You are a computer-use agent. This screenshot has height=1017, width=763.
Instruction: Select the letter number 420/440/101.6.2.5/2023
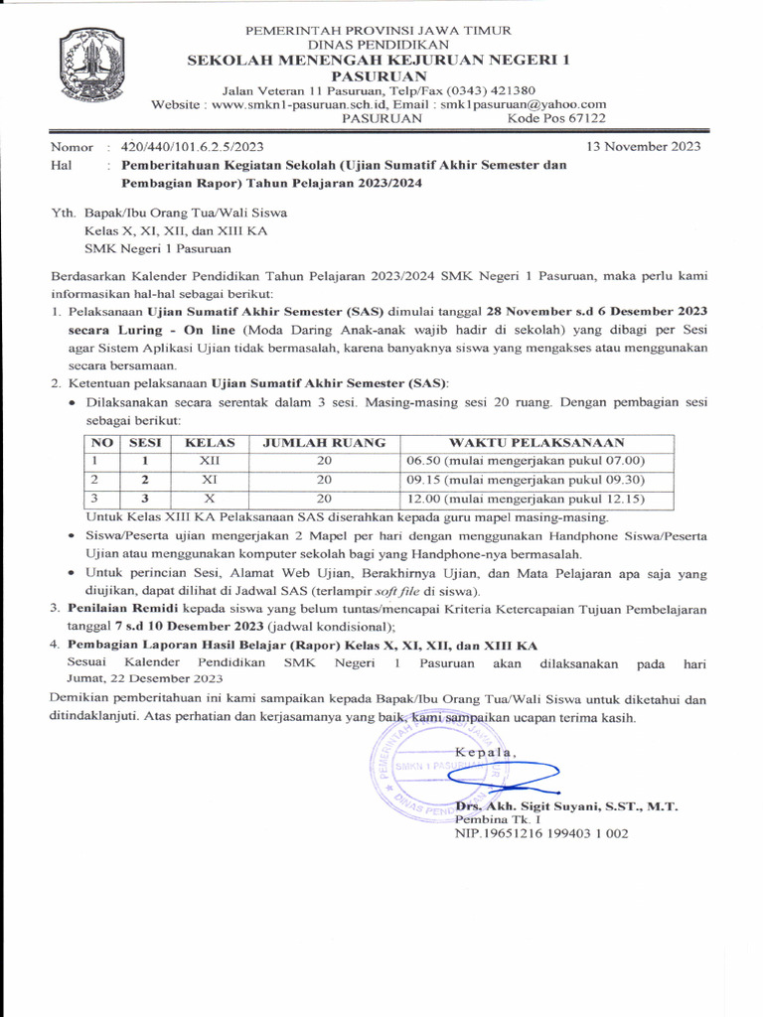[192, 147]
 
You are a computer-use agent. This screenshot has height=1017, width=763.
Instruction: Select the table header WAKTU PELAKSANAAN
[536, 443]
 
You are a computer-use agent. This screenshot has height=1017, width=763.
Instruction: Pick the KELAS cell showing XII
[210, 461]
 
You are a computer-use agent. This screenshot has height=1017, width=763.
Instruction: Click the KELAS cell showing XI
[210, 479]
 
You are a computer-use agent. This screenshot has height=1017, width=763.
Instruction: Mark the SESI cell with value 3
[145, 498]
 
